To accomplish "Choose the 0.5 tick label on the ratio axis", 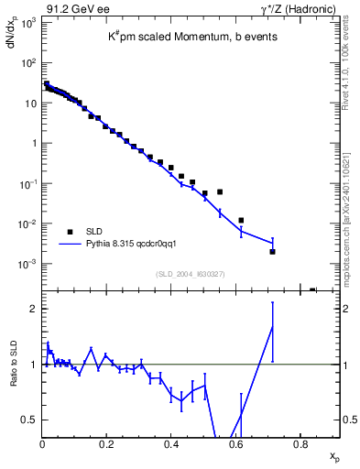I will [30, 420].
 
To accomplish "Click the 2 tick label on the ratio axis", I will [35, 309].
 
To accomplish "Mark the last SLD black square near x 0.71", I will [272, 251].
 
